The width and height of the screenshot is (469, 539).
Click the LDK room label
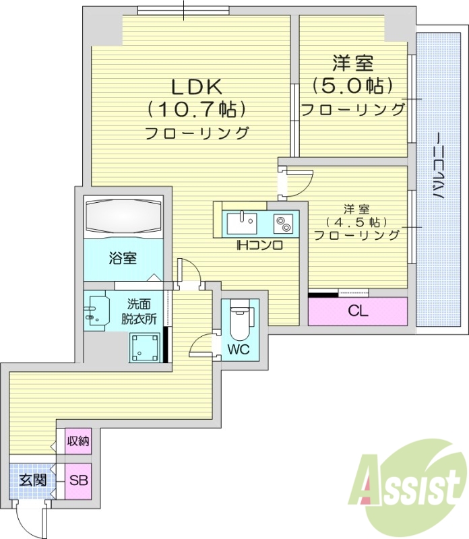[196, 87]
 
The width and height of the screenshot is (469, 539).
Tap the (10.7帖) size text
[196, 109]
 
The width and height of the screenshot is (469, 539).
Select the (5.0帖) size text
[352, 86]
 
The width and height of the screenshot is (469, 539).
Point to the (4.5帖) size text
[357, 222]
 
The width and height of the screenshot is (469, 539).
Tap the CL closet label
[358, 311]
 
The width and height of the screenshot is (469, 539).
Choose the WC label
[239, 350]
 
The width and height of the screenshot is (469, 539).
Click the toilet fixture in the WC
[240, 321]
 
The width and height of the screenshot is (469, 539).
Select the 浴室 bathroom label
[123, 257]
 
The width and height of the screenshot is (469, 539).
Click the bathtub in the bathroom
[123, 217]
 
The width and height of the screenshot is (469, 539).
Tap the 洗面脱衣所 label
[139, 311]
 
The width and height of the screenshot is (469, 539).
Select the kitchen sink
[242, 222]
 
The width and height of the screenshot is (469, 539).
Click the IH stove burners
[282, 223]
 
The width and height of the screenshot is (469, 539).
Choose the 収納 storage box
[77, 441]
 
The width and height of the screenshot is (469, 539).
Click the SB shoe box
[77, 482]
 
